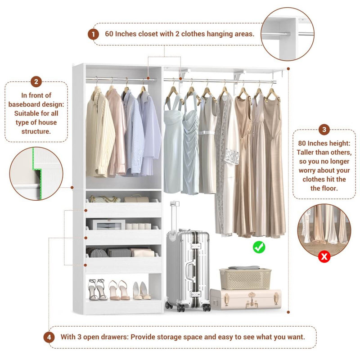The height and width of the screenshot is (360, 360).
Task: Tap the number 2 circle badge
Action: point(36,82)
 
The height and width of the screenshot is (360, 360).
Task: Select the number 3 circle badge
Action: point(324,130)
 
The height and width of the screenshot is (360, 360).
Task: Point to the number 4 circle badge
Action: point(49,337)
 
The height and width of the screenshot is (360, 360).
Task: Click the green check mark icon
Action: point(259,246)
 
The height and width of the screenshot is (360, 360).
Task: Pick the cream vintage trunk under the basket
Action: point(245,299)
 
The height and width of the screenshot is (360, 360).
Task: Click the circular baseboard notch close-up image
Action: point(36,173)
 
